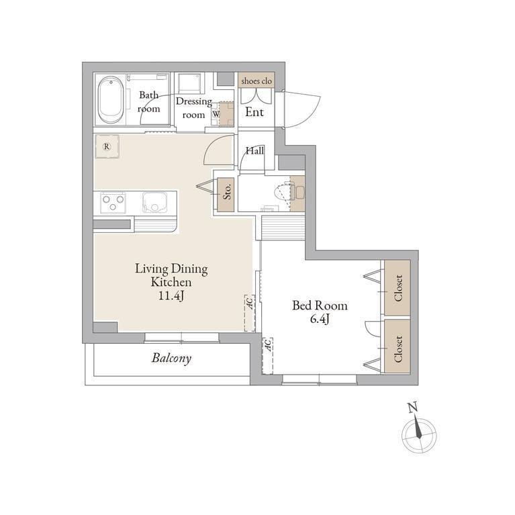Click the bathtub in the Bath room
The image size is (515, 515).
[111, 100]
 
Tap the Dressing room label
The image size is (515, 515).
[194, 107]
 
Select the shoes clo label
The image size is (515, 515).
[256, 81]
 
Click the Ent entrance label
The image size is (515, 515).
[254, 112]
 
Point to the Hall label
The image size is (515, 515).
[255, 151]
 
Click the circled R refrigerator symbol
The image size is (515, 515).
[106, 147]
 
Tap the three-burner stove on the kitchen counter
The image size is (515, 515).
[113, 202]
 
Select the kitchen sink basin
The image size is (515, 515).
[154, 202]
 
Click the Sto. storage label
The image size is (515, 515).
[227, 191]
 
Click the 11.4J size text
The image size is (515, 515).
[171, 296]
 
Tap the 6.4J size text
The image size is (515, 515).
[320, 319]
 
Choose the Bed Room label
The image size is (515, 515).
[320, 306]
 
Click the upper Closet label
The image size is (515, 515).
[398, 288]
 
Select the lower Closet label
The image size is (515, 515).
[398, 348]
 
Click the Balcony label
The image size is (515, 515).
[171, 358]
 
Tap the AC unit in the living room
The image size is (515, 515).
[250, 313]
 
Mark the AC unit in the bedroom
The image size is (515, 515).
[268, 356]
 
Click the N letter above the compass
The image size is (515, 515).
[413, 408]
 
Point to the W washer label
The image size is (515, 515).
[216, 114]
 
